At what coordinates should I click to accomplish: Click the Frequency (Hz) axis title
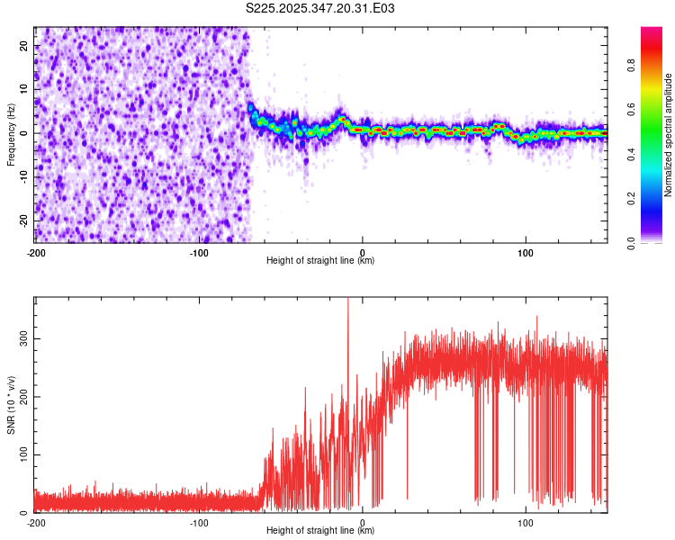point(12,134)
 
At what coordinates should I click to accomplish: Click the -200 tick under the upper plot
point(36,252)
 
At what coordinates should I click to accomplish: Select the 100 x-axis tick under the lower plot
point(525,522)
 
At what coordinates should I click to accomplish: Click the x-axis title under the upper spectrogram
point(320,261)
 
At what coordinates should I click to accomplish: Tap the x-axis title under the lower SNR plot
point(320,531)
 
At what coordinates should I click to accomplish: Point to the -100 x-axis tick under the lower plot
point(199,522)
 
